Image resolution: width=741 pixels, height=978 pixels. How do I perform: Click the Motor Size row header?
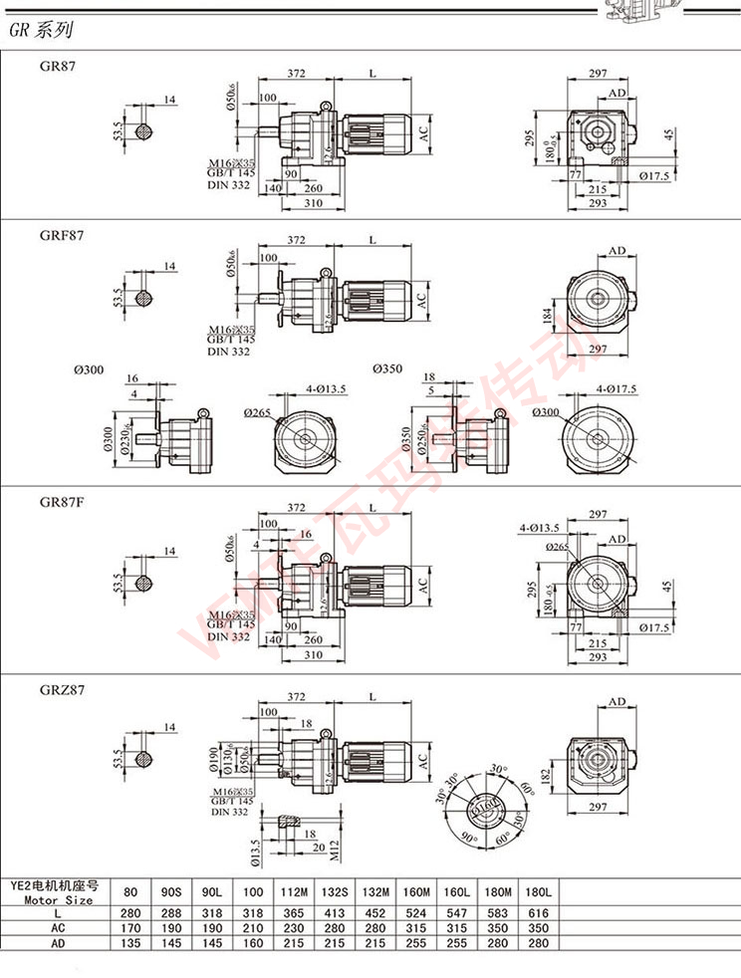51,892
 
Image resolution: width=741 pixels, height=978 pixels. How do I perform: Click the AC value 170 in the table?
130,926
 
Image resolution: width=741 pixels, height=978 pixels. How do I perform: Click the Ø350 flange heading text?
387,368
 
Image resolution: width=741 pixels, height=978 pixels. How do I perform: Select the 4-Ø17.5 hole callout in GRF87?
614,388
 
